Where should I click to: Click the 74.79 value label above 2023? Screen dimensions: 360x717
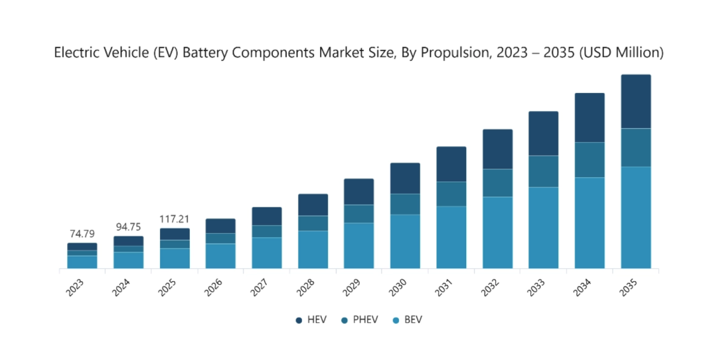point(82,234)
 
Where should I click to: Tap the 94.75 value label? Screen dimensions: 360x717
point(128,227)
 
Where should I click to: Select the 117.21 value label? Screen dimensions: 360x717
point(175,219)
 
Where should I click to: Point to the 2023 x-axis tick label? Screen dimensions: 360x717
point(76,287)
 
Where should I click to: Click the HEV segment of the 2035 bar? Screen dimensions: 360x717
point(636,101)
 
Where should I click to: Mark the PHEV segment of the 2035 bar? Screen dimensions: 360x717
point(636,147)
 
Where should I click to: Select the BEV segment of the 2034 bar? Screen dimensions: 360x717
point(590,223)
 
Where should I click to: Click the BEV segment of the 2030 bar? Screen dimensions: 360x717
point(405,241)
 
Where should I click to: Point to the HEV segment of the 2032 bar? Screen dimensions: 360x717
point(497,149)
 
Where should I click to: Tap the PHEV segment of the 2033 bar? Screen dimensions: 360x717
point(544,171)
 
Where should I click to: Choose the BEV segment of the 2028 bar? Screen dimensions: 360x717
point(313,249)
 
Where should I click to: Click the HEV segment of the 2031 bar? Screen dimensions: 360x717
point(451,164)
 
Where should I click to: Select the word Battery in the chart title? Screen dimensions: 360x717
point(202,52)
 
